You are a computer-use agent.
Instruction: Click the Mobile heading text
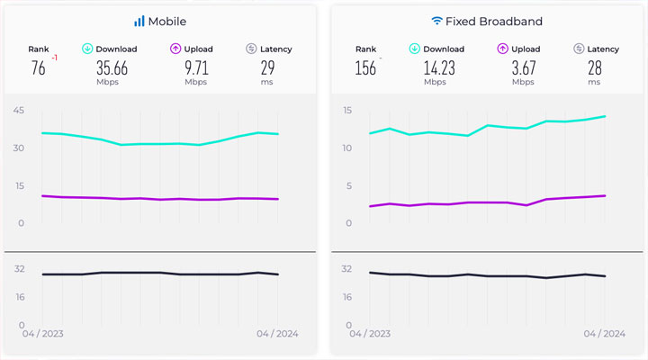[167, 21]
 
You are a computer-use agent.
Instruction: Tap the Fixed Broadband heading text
[493, 21]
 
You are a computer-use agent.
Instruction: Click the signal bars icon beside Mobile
[139, 21]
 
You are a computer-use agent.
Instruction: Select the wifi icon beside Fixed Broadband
[436, 20]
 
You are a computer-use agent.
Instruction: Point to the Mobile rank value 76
[37, 68]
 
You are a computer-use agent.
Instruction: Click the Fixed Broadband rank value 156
[365, 68]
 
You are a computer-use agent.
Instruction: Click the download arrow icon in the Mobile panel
[87, 49]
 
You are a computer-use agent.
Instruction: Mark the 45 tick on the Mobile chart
[18, 111]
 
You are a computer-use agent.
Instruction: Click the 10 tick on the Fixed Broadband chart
[347, 148]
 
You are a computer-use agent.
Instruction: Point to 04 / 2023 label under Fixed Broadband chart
[368, 333]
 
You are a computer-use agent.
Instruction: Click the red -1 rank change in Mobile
[55, 58]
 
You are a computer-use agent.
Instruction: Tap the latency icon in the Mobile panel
[251, 49]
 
